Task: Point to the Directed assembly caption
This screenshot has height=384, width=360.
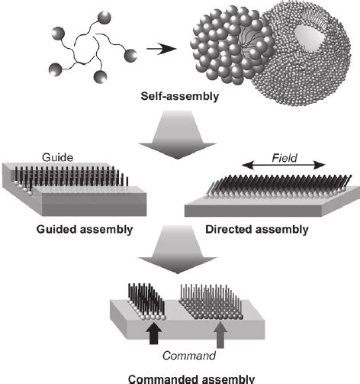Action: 277,228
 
